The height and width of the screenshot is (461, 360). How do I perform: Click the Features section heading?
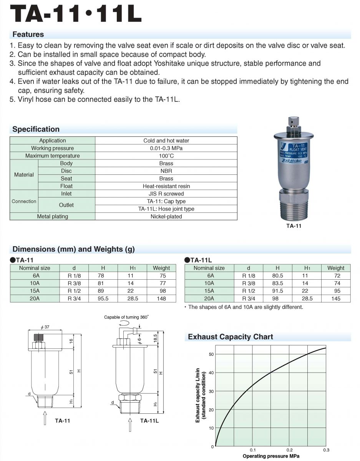tap(28, 34)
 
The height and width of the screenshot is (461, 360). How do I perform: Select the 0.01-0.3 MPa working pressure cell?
tap(166, 148)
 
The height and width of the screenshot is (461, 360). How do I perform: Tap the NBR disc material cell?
tap(166, 171)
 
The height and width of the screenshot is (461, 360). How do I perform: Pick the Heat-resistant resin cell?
tap(166, 186)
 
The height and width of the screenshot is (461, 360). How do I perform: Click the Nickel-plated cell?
tap(166, 217)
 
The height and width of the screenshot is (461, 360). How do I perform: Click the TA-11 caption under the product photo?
tap(294, 226)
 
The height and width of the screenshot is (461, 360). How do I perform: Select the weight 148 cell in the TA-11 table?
tap(161, 298)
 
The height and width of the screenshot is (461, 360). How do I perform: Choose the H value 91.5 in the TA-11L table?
tap(277, 291)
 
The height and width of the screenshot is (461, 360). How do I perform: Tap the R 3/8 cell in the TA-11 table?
tap(74, 283)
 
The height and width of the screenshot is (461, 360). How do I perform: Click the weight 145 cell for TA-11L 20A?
tap(336, 298)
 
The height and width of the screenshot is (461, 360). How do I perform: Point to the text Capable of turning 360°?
tap(126, 317)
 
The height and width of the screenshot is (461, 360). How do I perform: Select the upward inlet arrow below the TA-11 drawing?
tap(45, 417)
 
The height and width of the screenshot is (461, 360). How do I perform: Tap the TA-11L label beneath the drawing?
tap(149, 421)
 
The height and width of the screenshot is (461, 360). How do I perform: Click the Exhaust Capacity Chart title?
tap(230, 337)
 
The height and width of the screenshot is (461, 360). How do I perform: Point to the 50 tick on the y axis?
tap(211, 354)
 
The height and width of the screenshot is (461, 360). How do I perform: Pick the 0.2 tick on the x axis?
tap(289, 450)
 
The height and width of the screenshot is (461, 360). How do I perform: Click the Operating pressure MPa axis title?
tap(271, 456)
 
